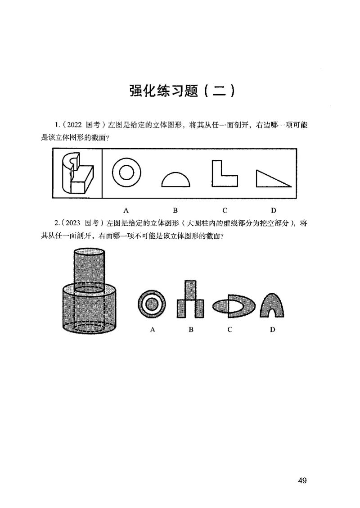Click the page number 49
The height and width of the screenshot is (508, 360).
point(302,481)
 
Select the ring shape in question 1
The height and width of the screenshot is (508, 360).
point(126,173)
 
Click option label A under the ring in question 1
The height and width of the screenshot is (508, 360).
point(126,210)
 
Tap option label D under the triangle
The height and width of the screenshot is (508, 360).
point(273,210)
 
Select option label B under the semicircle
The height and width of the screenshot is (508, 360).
point(175,210)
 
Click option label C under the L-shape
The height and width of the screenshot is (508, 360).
point(225,210)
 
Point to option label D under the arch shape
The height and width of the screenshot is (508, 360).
point(272,330)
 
